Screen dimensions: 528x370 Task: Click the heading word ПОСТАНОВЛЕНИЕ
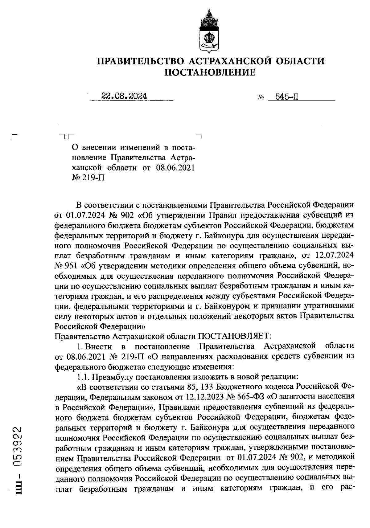211,72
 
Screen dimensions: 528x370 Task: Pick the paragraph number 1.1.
83,377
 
